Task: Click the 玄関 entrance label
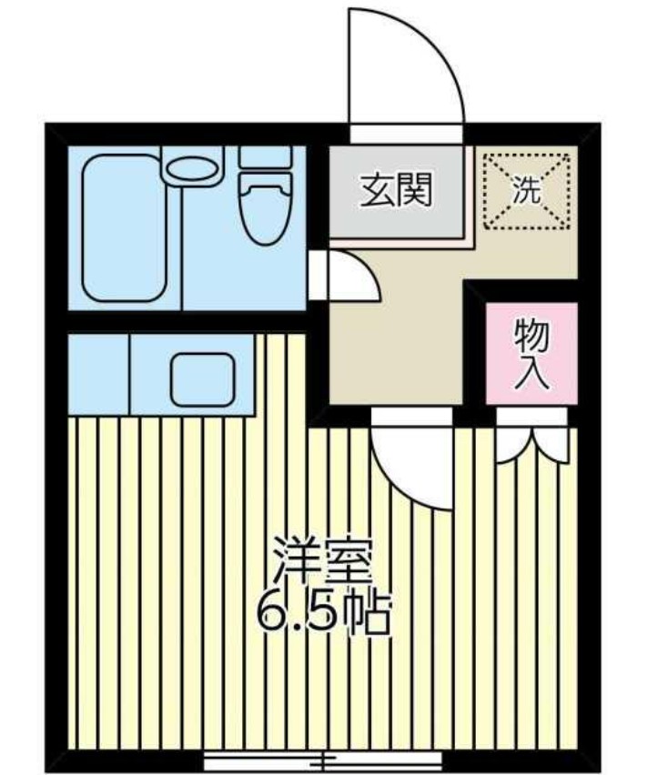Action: coord(397,192)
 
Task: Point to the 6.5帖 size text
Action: coord(323,614)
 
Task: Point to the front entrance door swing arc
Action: coord(410,64)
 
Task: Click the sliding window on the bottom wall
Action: coord(323,759)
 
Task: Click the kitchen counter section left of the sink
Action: coord(98,374)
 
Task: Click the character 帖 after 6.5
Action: coord(369,615)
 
